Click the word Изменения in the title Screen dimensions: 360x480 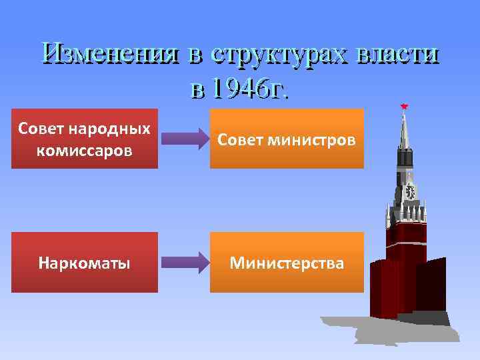tap(109, 54)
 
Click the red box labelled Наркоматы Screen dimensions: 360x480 tap(85, 263)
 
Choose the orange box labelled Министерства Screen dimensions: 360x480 tap(287, 263)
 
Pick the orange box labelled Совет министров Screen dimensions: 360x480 tap(287, 139)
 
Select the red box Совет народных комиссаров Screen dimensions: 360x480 tap(85, 139)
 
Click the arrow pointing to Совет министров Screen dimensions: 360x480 tap(185, 139)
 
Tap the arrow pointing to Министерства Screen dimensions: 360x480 tap(185, 262)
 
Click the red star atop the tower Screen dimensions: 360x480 tap(403, 106)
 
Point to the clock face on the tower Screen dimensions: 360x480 tap(409, 192)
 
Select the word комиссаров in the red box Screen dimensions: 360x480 tap(85, 151)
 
